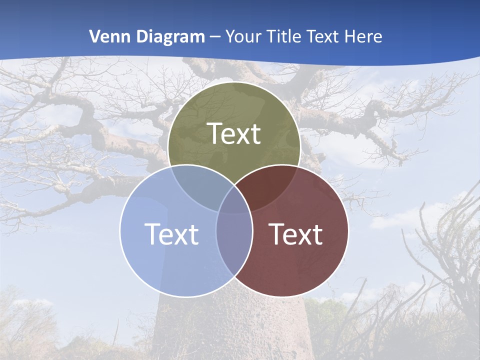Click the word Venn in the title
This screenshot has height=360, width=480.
pyautogui.click(x=104, y=36)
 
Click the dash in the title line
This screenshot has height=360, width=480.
pyautogui.click(x=215, y=37)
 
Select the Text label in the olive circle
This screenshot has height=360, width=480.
pyautogui.click(x=234, y=133)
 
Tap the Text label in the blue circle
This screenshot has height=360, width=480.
pyautogui.click(x=171, y=234)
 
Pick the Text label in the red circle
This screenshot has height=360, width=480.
pyautogui.click(x=296, y=234)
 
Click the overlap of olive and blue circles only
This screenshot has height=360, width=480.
pyautogui.click(x=197, y=187)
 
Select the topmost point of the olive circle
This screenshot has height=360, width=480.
pyautogui.click(x=234, y=82)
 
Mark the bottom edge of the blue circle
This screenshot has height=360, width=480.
pyautogui.click(x=186, y=297)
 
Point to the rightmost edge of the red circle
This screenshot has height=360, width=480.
pyautogui.click(x=348, y=231)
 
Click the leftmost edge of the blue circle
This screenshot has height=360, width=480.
pyautogui.click(x=120, y=231)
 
